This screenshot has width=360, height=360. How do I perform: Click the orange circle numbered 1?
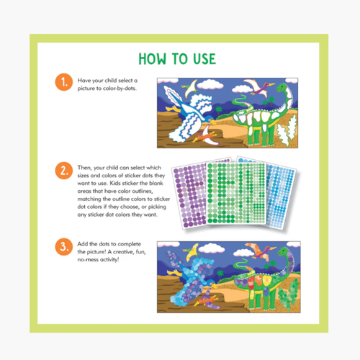pos(64,82)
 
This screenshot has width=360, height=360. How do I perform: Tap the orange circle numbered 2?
pos(64,171)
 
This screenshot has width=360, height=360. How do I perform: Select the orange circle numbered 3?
pos(64,247)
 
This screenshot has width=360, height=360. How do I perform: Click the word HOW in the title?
pos(153,59)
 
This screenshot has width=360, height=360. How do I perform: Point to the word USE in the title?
pos(204,59)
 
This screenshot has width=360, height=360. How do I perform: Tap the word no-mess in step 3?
pos(88,260)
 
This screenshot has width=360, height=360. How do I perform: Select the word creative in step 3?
pos(124,252)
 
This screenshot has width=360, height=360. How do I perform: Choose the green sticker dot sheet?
pos(236,193)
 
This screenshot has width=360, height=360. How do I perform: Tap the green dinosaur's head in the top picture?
pos(282,88)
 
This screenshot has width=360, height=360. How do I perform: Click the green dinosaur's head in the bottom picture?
pos(284,252)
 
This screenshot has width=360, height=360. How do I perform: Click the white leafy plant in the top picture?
pos(288,130)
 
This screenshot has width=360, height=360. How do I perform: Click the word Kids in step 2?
pos(115,183)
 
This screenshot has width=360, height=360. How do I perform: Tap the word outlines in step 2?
pos(141,192)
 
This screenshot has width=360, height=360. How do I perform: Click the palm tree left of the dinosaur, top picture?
pos(219,111)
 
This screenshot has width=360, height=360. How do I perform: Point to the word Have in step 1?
pos(84,81)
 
